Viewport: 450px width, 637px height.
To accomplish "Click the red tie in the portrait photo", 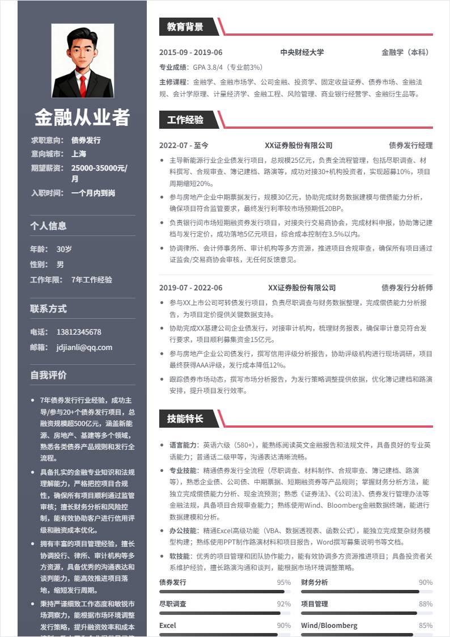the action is (83, 85).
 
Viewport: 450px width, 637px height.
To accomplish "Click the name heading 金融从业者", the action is (82, 117).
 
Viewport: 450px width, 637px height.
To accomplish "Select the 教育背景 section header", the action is (185, 27).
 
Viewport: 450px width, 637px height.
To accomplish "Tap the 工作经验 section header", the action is (185, 120).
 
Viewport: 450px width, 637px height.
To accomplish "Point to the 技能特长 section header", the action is (185, 419).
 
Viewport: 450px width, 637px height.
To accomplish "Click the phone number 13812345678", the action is (79, 332).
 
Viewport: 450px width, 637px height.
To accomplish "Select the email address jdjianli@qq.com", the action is (84, 347).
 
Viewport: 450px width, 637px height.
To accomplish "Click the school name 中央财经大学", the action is (302, 52).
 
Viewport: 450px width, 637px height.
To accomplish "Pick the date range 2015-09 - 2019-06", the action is (191, 52).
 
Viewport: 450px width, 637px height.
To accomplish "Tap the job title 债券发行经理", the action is (410, 145).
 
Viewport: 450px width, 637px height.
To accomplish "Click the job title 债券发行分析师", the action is (407, 288).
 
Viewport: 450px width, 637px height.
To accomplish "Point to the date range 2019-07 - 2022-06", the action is (191, 288).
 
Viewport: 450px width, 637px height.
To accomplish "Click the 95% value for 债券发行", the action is (283, 583).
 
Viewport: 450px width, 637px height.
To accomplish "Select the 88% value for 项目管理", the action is (426, 604).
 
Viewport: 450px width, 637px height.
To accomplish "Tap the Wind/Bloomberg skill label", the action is (329, 626).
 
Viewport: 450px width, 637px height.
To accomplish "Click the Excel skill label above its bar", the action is (168, 626).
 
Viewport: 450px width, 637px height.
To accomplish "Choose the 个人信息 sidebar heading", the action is (48, 226).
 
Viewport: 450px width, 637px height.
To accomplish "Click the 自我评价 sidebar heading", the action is (48, 375).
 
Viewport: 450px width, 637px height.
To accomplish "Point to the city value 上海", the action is (79, 154).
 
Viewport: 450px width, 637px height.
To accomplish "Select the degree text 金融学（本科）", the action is (407, 52).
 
